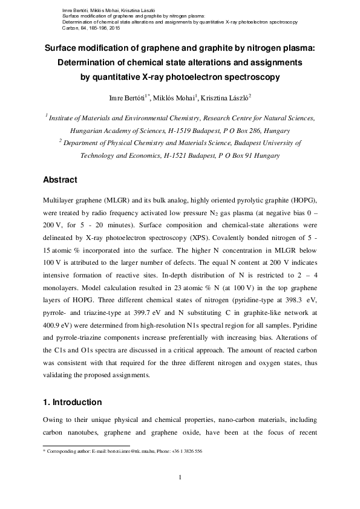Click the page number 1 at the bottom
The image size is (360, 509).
[180, 478]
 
